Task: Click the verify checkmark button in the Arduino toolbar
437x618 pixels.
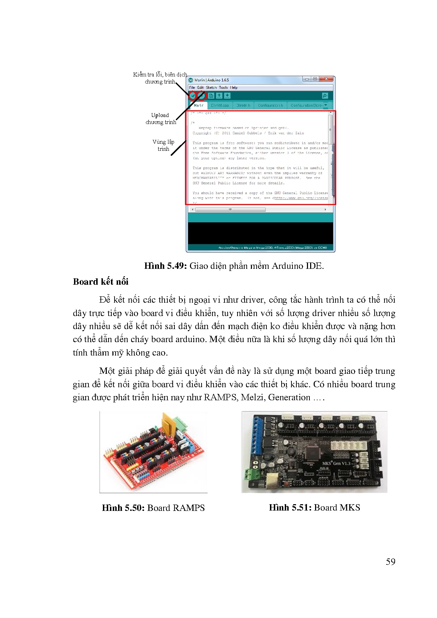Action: click(193, 95)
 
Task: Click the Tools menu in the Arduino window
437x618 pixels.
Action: click(223, 87)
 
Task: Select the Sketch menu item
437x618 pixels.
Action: click(211, 87)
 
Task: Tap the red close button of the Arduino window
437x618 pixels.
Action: click(326, 79)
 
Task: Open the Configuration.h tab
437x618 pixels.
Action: click(270, 105)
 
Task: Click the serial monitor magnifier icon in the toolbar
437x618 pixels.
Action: click(325, 95)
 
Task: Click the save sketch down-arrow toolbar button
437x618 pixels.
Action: click(227, 95)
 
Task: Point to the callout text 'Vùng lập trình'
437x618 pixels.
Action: click(163, 145)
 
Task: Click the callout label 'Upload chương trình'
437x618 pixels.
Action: click(161, 118)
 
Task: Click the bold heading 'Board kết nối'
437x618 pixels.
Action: click(100, 282)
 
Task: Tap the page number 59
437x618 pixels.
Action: click(390, 562)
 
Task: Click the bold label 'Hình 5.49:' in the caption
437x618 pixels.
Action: click(165, 266)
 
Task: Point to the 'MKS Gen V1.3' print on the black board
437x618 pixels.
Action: click(336, 463)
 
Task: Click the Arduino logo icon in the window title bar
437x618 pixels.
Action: click(191, 80)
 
